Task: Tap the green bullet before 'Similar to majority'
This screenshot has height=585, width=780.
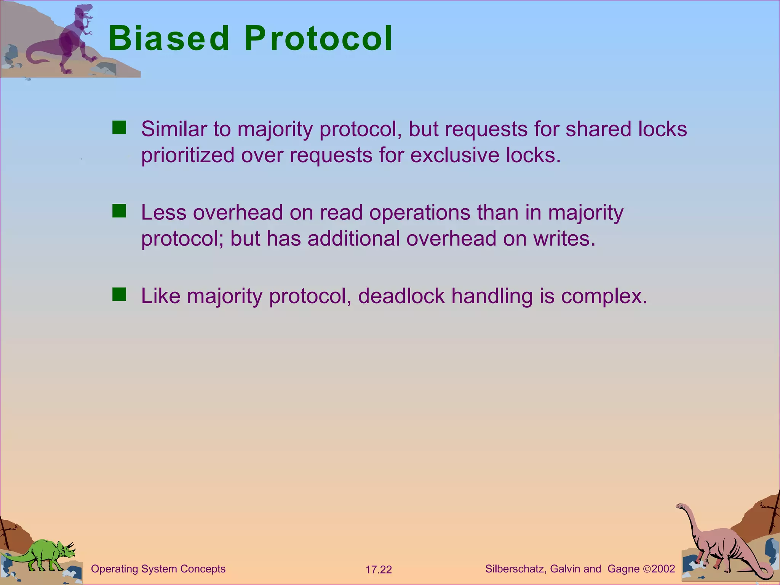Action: tap(119, 128)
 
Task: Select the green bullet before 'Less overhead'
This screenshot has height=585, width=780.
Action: tap(119, 211)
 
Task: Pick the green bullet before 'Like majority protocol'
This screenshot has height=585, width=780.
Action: tap(119, 294)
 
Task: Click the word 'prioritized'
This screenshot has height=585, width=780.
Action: tap(187, 155)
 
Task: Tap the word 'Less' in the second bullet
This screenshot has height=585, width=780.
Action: tap(164, 212)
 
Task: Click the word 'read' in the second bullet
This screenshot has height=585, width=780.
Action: tap(341, 212)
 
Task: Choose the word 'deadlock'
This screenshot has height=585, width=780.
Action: tap(401, 296)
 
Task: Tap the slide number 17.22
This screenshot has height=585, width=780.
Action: tap(379, 570)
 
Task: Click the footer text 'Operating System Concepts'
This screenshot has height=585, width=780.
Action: tap(158, 569)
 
